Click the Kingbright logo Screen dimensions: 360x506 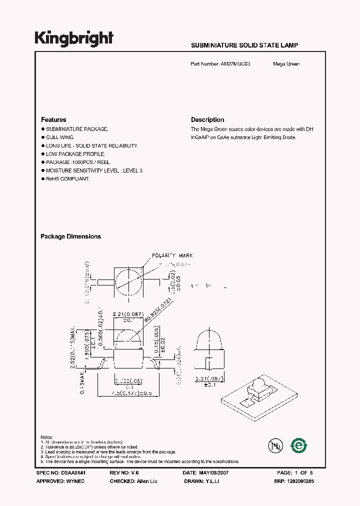click(x=74, y=38)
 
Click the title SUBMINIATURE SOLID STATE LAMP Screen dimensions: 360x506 click(x=244, y=45)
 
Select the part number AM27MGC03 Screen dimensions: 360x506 click(x=239, y=64)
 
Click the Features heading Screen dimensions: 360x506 click(x=53, y=120)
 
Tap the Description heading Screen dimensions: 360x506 click(x=207, y=120)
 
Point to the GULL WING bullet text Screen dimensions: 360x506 click(x=60, y=137)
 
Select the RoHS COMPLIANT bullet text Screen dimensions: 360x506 click(x=67, y=179)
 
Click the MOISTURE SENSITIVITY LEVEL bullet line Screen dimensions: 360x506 click(x=94, y=170)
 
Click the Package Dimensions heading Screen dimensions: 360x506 click(x=70, y=236)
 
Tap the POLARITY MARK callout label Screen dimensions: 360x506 click(x=172, y=255)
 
